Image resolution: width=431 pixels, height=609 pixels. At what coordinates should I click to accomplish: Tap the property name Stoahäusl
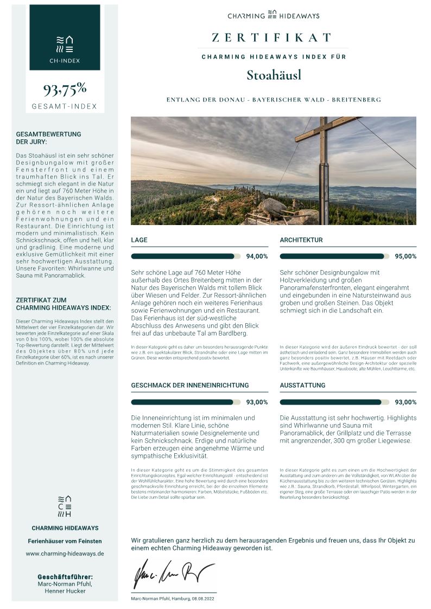point(274,75)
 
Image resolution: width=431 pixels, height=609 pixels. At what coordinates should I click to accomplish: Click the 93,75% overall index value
point(65,88)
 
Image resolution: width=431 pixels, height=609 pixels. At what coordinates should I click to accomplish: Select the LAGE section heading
point(140,240)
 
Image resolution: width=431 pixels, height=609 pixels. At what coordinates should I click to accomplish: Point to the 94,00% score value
point(257,257)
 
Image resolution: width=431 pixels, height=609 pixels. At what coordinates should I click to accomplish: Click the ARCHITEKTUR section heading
point(301,240)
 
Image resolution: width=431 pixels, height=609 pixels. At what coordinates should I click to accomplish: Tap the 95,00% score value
point(405,257)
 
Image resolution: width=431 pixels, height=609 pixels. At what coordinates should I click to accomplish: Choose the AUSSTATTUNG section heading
point(302,385)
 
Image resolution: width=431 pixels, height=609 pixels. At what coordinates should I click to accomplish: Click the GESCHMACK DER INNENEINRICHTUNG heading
point(190,385)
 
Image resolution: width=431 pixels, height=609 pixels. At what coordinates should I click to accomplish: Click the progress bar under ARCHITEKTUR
point(334,256)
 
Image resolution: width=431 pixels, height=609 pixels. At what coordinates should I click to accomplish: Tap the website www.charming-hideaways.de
point(65,554)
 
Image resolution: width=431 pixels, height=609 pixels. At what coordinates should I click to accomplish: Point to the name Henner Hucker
point(65,591)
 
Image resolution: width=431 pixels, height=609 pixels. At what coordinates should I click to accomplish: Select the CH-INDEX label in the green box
point(65,61)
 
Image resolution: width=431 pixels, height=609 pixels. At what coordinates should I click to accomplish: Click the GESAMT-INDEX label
point(65,106)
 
